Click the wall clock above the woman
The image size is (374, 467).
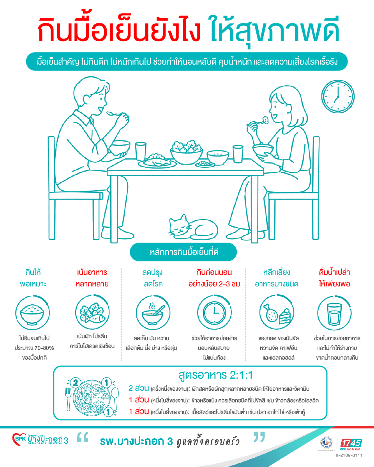coord(338,97)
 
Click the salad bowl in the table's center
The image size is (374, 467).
coord(187,152)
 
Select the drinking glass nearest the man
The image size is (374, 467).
coord(140,151)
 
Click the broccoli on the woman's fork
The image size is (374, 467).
coord(265,120)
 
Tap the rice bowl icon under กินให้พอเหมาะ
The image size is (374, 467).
coord(32,313)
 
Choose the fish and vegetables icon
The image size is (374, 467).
coord(92,313)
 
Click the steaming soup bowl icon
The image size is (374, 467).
coord(153,313)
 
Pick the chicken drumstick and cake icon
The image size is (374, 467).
coord(277,313)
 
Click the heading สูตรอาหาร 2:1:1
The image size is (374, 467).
coord(215,375)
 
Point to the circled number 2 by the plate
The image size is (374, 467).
coord(76,383)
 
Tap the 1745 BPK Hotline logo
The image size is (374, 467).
coord(351,444)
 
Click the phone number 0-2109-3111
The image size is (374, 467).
coord(349,455)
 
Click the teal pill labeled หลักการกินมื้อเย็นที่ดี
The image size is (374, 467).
coord(183,252)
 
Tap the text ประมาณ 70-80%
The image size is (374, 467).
coord(34,348)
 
